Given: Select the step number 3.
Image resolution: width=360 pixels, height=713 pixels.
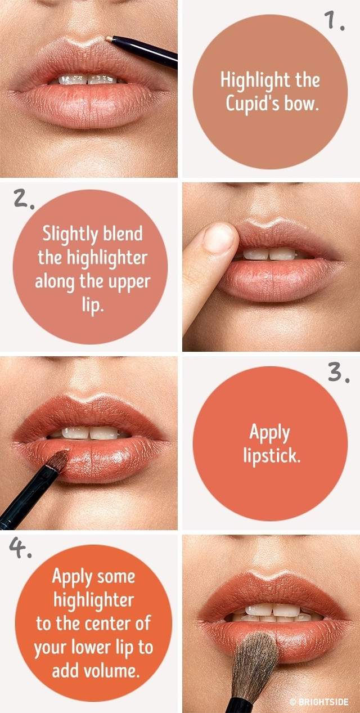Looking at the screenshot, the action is (339, 373).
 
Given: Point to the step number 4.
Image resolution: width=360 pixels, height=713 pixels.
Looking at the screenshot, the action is (20, 548).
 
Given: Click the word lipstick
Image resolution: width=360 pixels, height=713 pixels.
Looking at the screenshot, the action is (272, 455).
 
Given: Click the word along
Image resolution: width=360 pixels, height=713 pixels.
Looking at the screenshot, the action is (54, 282).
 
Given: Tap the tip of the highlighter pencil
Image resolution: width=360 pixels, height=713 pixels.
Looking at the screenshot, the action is (108, 38).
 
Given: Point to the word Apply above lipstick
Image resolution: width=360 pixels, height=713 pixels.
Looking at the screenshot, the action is (269, 433).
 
